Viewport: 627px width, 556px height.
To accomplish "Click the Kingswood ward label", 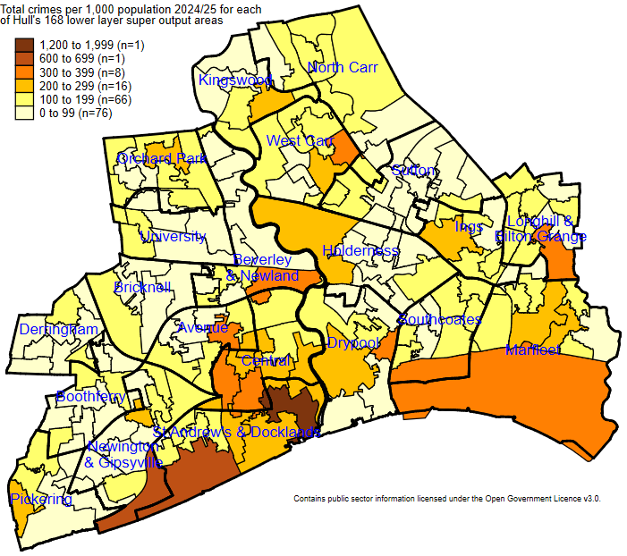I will (235, 80).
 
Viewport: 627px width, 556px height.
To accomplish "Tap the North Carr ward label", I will (343, 68).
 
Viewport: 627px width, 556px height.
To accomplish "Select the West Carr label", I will (300, 141).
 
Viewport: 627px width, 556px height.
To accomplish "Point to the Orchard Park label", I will (162, 158).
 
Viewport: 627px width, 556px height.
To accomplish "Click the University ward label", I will (173, 237).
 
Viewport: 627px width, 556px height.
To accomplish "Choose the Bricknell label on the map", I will (142, 288).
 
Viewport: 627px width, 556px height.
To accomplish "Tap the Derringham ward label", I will (59, 330).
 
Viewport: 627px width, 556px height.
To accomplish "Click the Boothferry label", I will (90, 396).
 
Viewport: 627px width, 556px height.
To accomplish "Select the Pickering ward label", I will (41, 499).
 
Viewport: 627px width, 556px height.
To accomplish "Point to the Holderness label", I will (360, 251).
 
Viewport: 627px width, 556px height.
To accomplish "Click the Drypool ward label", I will (353, 342).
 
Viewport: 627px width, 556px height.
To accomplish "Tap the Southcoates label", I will (439, 319).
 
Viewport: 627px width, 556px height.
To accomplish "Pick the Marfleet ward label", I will (532, 350).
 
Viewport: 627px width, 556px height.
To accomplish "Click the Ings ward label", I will (469, 227).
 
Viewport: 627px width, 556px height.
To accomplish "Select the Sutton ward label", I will (413, 170).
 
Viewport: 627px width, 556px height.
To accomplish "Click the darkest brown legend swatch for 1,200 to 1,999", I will (23, 45).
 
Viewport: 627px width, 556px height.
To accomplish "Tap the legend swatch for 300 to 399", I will (23, 72).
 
